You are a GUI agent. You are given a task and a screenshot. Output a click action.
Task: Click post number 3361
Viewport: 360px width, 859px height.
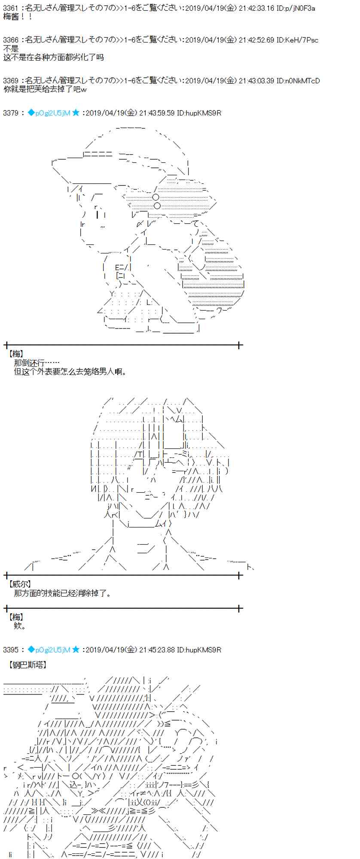pyautogui.click(x=10, y=8)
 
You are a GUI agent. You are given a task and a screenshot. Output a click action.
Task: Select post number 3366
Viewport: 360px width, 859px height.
pyautogui.click(x=10, y=40)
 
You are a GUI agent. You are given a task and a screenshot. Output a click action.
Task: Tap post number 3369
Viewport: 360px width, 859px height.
pyautogui.click(x=10, y=81)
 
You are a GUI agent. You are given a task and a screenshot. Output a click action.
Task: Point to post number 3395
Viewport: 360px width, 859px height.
pyautogui.click(x=10, y=650)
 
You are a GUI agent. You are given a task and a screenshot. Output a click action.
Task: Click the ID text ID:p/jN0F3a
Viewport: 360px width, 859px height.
pyautogui.click(x=296, y=8)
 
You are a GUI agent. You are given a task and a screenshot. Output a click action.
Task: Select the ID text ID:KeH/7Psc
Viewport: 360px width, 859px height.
pyautogui.click(x=297, y=40)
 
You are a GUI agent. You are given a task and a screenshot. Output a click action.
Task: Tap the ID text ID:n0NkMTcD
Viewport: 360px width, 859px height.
pyautogui.click(x=298, y=81)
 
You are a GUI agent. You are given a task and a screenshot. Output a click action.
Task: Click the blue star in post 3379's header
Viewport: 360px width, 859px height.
pyautogui.click(x=76, y=113)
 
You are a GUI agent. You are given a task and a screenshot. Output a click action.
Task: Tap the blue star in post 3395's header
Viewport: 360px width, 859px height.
pyautogui.click(x=76, y=650)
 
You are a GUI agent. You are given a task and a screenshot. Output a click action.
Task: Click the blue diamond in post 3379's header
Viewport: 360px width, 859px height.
pyautogui.click(x=31, y=113)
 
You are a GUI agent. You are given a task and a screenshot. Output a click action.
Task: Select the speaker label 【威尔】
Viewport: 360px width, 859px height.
pyautogui.click(x=20, y=584)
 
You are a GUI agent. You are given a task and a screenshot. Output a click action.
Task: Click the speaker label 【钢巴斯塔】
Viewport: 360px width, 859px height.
pyautogui.click(x=27, y=665)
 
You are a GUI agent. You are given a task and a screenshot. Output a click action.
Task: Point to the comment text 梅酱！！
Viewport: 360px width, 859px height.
pyautogui.click(x=18, y=17)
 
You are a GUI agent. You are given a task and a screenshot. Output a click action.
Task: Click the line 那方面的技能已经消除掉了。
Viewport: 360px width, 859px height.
pyautogui.click(x=63, y=593)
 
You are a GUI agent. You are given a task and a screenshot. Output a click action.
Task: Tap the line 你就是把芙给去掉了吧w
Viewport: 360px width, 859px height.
pyautogui.click(x=45, y=89)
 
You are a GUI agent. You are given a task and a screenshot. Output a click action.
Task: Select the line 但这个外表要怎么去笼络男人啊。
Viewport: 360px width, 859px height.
pyautogui.click(x=70, y=372)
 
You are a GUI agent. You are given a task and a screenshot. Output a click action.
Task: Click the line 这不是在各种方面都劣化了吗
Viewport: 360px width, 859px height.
pyautogui.click(x=53, y=57)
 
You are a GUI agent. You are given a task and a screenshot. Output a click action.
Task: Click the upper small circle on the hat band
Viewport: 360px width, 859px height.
pyautogui.click(x=156, y=197)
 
